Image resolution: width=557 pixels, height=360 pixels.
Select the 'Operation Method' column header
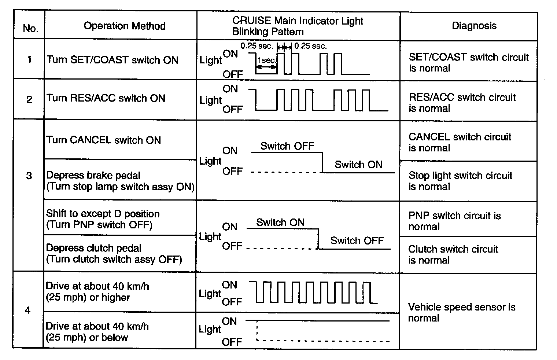click(124, 26)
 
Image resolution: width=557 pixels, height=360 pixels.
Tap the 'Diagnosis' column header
click(474, 26)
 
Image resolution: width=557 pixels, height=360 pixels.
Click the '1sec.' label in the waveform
click(266, 60)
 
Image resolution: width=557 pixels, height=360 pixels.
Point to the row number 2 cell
click(29, 99)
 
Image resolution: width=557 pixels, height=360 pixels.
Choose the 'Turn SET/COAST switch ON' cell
click(112, 60)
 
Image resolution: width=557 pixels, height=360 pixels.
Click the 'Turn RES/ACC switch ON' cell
click(106, 98)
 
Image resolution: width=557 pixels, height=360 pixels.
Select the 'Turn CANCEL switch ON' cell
click(104, 140)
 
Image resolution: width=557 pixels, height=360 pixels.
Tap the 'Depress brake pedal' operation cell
click(120, 181)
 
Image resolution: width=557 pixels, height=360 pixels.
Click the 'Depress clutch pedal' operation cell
click(114, 254)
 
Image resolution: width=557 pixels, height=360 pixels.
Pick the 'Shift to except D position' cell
click(103, 219)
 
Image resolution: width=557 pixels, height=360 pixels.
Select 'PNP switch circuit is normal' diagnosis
click(454, 221)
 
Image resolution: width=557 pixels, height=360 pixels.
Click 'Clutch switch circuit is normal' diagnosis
click(453, 254)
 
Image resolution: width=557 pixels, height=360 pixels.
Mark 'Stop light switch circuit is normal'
click(460, 181)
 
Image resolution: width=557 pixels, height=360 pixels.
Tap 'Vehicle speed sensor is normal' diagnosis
click(461, 312)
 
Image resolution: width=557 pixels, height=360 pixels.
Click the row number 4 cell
click(28, 311)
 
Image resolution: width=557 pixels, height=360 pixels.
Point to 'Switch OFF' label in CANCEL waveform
click(287, 146)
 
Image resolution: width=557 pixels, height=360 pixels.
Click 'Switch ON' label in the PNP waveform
click(280, 223)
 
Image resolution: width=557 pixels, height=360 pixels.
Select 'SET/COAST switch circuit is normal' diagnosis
click(468, 63)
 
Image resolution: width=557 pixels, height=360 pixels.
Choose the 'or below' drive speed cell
click(97, 332)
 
